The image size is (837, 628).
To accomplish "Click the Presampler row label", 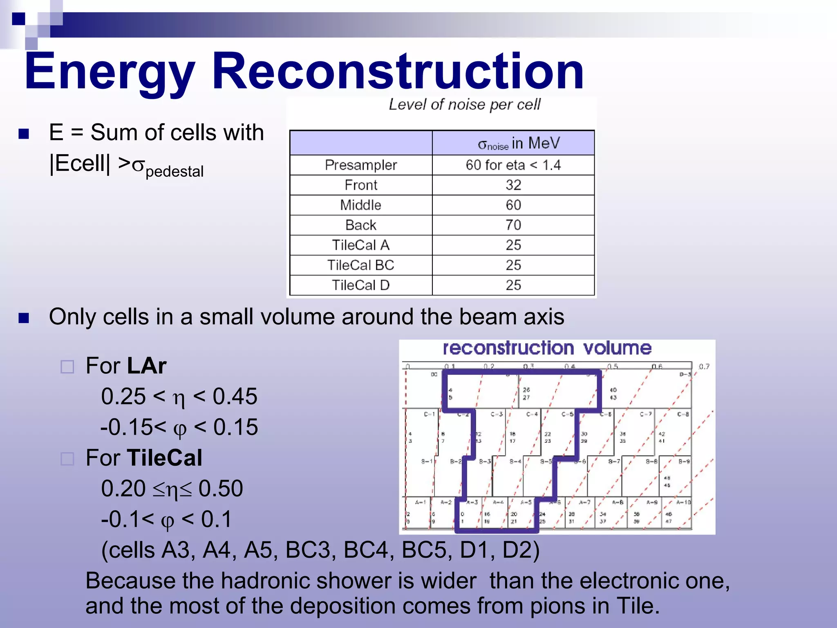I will click(x=360, y=165).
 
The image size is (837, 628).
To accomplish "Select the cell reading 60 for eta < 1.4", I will click(x=513, y=165).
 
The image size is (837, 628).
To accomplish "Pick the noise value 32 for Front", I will click(x=513, y=185).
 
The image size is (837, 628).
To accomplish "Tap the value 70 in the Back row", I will click(x=513, y=225).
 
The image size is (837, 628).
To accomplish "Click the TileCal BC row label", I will click(x=360, y=265).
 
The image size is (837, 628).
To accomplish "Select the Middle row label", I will click(x=360, y=205).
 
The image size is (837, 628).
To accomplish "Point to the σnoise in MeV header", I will click(x=518, y=144).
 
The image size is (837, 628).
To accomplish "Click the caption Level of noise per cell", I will click(x=464, y=105).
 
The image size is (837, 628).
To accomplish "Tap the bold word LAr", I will click(x=146, y=366).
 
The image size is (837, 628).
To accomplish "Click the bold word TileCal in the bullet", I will click(x=164, y=458).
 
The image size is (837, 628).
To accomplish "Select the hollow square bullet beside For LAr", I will click(x=67, y=367).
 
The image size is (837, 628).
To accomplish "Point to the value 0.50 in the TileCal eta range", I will click(x=221, y=489).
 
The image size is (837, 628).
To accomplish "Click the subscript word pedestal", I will click(x=175, y=172).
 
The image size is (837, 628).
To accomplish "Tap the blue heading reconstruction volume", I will click(x=547, y=348).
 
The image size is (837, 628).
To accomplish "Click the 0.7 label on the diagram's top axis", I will click(x=704, y=367).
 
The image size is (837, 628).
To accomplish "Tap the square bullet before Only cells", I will click(x=24, y=318).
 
